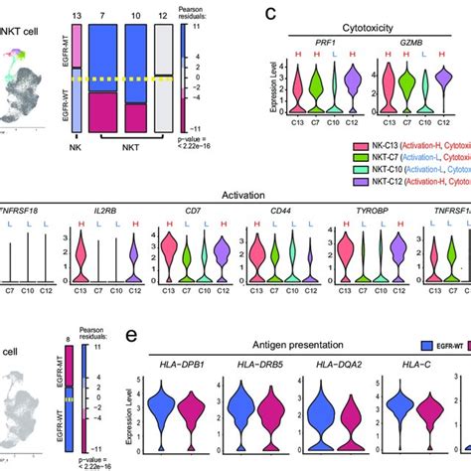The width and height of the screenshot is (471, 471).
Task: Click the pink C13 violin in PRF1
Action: click(x=301, y=94)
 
